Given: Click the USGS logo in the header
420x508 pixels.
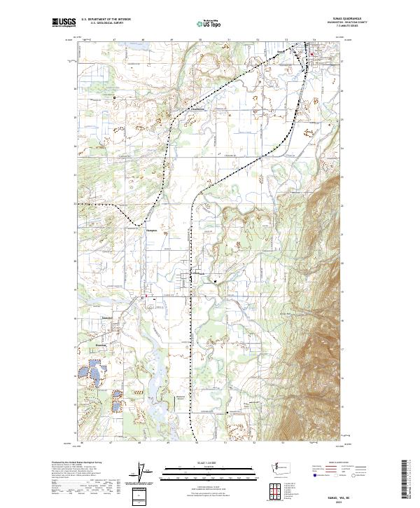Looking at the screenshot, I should [64, 22].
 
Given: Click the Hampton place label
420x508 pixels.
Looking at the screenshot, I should [150, 228].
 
